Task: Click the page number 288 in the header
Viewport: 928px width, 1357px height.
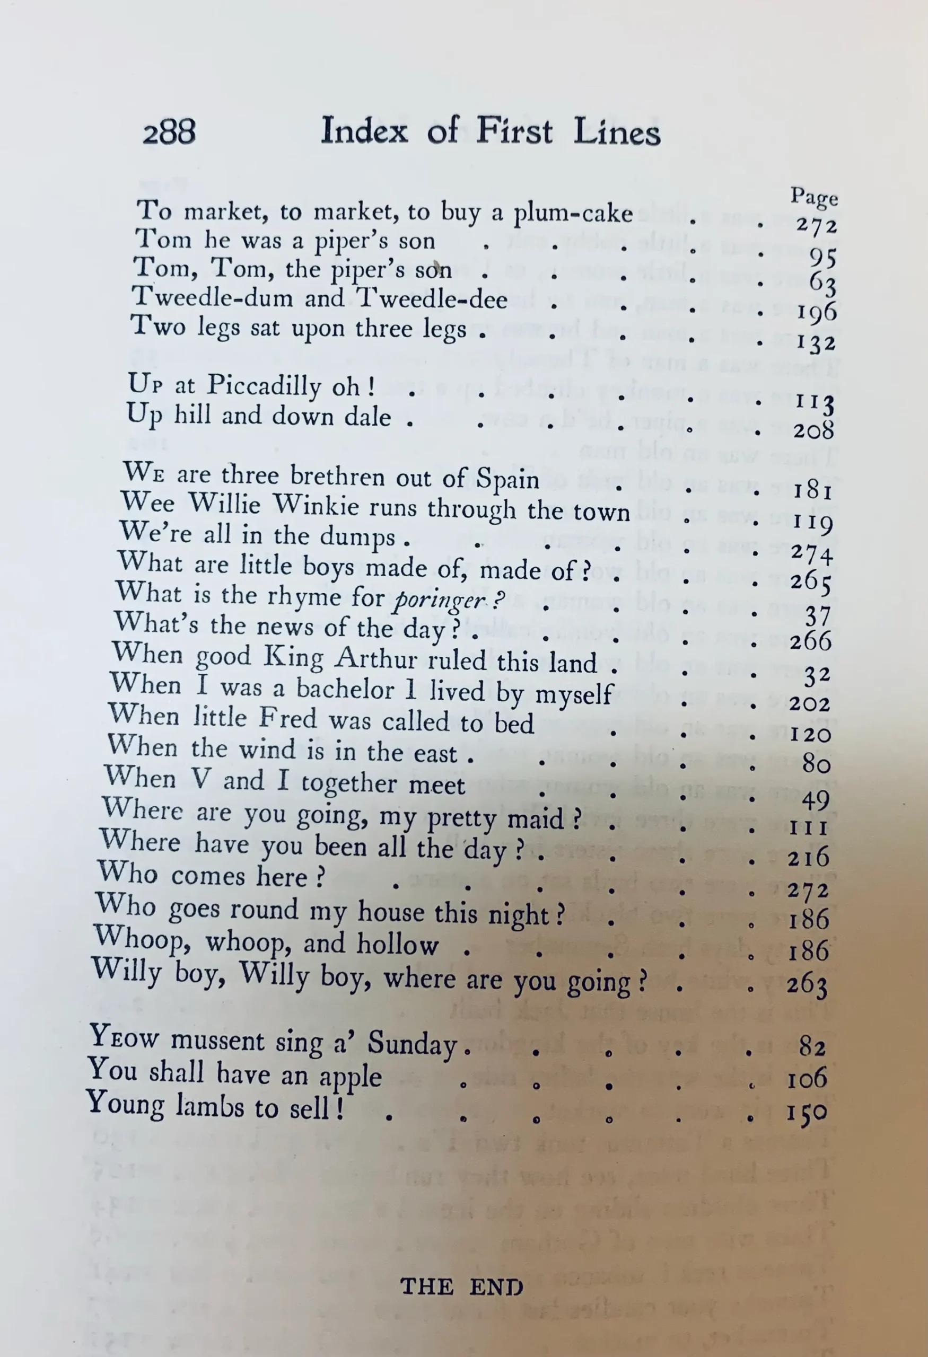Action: pos(169,132)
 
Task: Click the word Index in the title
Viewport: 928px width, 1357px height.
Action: pos(364,131)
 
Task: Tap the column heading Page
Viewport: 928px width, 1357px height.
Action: pos(814,197)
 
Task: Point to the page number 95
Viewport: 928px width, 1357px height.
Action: pos(823,257)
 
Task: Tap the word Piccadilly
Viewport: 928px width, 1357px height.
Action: pos(264,385)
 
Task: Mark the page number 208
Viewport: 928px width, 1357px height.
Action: pos(813,431)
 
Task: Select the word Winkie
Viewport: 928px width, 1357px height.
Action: pos(316,506)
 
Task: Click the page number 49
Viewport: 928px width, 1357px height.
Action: pos(816,800)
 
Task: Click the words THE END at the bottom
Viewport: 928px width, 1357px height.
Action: pos(461,1287)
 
